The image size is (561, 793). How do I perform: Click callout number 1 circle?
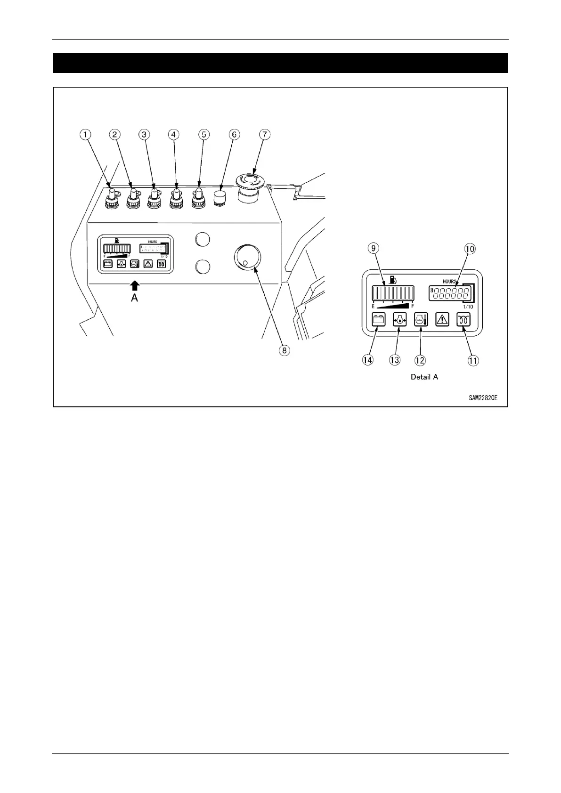coord(85,135)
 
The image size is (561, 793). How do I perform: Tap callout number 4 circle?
coord(174,135)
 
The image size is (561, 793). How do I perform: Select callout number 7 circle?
coord(264,135)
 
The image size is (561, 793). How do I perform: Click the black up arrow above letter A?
coord(135,284)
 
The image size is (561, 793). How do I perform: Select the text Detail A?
coord(424,377)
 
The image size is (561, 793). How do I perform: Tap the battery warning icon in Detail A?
coord(378,320)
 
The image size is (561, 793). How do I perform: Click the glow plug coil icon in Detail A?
coord(464,320)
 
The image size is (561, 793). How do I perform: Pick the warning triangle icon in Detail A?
coord(443,320)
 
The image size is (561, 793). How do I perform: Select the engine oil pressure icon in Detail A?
coord(399,320)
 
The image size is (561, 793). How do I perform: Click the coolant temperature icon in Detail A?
coord(421,320)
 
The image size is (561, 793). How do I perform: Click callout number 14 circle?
coord(367,360)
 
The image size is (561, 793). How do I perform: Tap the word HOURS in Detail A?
coord(449,282)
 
